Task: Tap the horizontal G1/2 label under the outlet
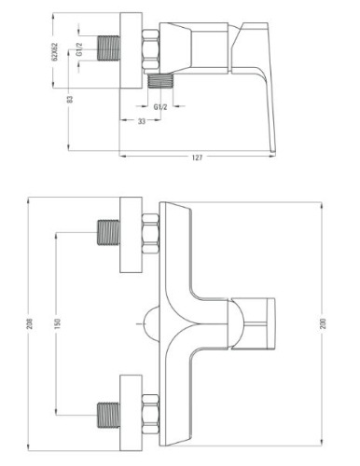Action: (x=159, y=95)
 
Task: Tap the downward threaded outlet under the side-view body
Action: (x=160, y=80)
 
